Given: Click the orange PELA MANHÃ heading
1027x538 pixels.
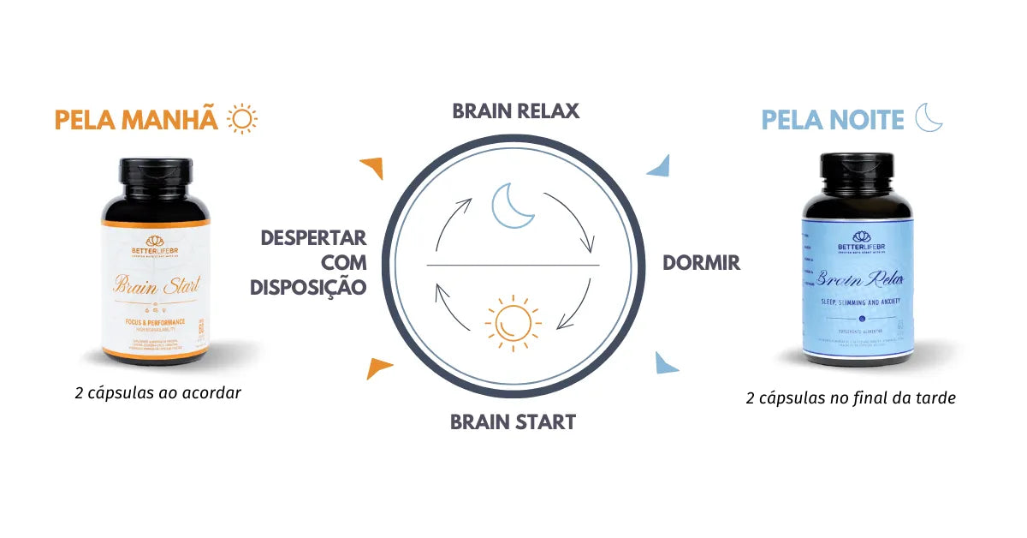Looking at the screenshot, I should click(136, 120).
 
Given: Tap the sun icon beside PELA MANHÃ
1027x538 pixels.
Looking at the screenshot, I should click(242, 119).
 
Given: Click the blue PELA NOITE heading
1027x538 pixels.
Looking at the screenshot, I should click(833, 120).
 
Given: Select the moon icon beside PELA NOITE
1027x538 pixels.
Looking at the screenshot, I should click(929, 117).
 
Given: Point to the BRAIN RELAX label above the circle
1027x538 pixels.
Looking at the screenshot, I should click(515, 111).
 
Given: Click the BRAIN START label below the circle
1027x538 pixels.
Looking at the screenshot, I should click(513, 421).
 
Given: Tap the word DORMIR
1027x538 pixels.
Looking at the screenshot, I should click(701, 263).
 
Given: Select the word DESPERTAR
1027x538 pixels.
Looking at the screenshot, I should click(313, 237).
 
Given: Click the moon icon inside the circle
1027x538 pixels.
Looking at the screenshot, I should click(513, 206).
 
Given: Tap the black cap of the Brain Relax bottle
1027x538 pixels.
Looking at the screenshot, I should click(858, 182).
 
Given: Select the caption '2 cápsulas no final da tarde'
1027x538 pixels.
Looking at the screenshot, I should click(850, 398).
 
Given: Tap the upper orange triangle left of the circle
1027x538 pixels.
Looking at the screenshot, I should click(371, 168).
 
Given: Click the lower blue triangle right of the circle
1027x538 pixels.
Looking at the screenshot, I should click(666, 363).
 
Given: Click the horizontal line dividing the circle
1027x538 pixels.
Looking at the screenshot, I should click(513, 266).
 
